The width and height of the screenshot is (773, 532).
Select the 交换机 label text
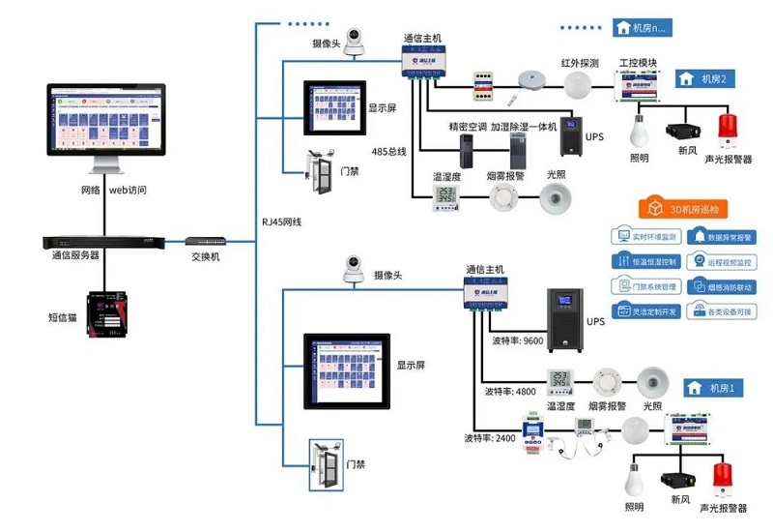pyautogui.click(x=205, y=256)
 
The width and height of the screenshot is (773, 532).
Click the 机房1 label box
pyautogui.click(x=716, y=388)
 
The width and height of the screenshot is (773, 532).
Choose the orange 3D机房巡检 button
pyautogui.click(x=685, y=208)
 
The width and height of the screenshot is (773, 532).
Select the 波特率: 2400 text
pyautogui.click(x=492, y=438)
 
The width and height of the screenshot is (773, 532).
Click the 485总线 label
pyautogui.click(x=389, y=152)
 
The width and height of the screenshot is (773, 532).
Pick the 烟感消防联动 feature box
pyautogui.click(x=724, y=286)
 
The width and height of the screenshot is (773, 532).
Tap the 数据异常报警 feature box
pyautogui.click(x=724, y=236)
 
